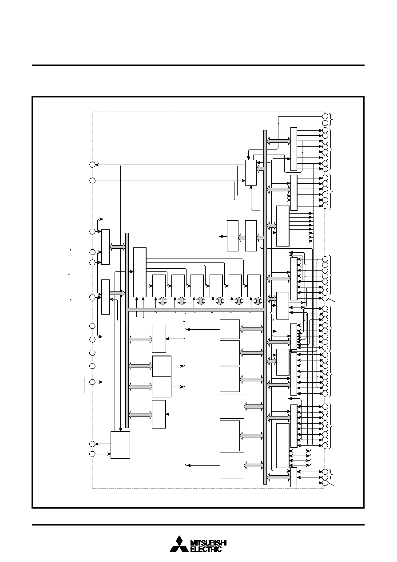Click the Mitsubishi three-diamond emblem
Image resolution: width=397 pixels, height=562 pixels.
(x=179, y=543)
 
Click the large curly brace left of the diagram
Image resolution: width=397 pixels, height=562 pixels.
(x=70, y=275)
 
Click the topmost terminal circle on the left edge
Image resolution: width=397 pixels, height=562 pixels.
(x=92, y=165)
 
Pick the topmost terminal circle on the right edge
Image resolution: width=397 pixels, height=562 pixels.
(x=325, y=116)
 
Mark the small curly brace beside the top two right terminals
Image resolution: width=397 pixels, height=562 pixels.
(x=331, y=119)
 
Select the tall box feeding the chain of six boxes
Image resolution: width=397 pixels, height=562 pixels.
(x=140, y=272)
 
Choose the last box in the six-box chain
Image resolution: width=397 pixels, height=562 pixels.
(x=254, y=286)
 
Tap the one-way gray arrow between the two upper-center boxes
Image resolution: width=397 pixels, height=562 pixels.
(x=242, y=237)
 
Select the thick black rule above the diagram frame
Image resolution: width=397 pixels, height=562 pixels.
(x=198, y=65)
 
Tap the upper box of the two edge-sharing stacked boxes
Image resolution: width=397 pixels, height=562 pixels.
(x=162, y=366)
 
